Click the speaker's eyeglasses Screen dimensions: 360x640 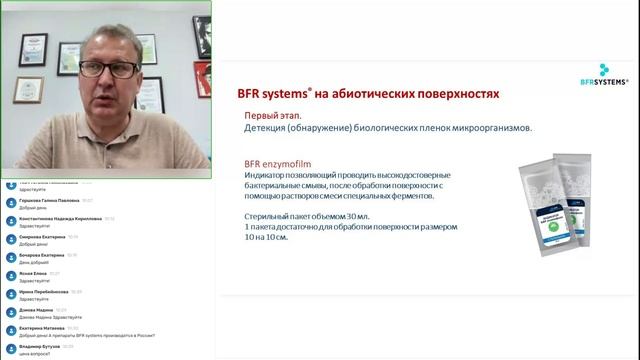pyautogui.click(x=107, y=70)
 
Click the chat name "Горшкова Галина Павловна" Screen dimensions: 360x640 pyautogui.click(x=49, y=200)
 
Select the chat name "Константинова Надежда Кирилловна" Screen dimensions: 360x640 pyautogui.click(x=60, y=218)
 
